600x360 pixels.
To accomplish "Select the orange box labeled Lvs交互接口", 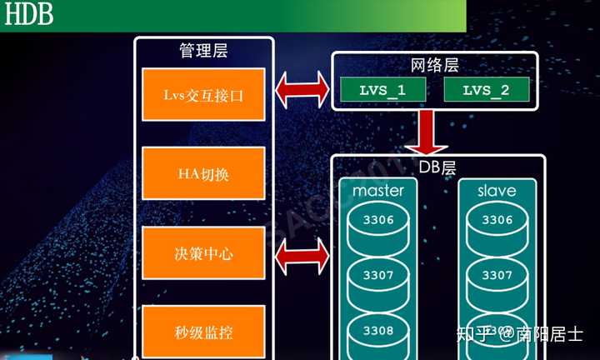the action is point(203,94).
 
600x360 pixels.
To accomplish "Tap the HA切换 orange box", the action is point(203,172).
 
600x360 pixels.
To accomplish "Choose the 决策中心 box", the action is point(203,252).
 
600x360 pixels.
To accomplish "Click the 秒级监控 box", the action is point(203,332).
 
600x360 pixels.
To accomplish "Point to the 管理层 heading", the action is point(203,51).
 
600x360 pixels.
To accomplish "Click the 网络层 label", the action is point(434,64).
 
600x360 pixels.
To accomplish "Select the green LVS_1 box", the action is point(384,90).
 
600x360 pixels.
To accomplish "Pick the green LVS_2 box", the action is point(485,90).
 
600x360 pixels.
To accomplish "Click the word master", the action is point(377,191).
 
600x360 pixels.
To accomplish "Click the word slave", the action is point(497,191).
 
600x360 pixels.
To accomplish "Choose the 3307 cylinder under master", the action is point(377,275).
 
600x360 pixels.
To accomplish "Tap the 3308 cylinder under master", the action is point(377,330).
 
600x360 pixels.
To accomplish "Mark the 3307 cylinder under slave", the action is point(497,275).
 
